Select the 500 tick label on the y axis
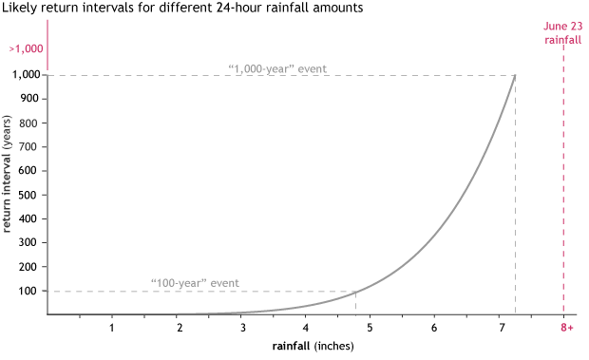click(x=29, y=195)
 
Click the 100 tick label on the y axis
click(x=29, y=291)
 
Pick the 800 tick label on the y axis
click(x=29, y=123)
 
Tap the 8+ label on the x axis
click(x=565, y=328)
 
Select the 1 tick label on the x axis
click(x=112, y=328)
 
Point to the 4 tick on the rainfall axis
click(x=305, y=328)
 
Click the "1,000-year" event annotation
click(x=276, y=67)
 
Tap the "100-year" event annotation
click(x=195, y=283)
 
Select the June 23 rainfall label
click(x=562, y=33)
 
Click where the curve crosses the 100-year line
click(x=355, y=291)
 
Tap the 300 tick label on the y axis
click(x=29, y=242)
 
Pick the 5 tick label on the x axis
click(x=370, y=328)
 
